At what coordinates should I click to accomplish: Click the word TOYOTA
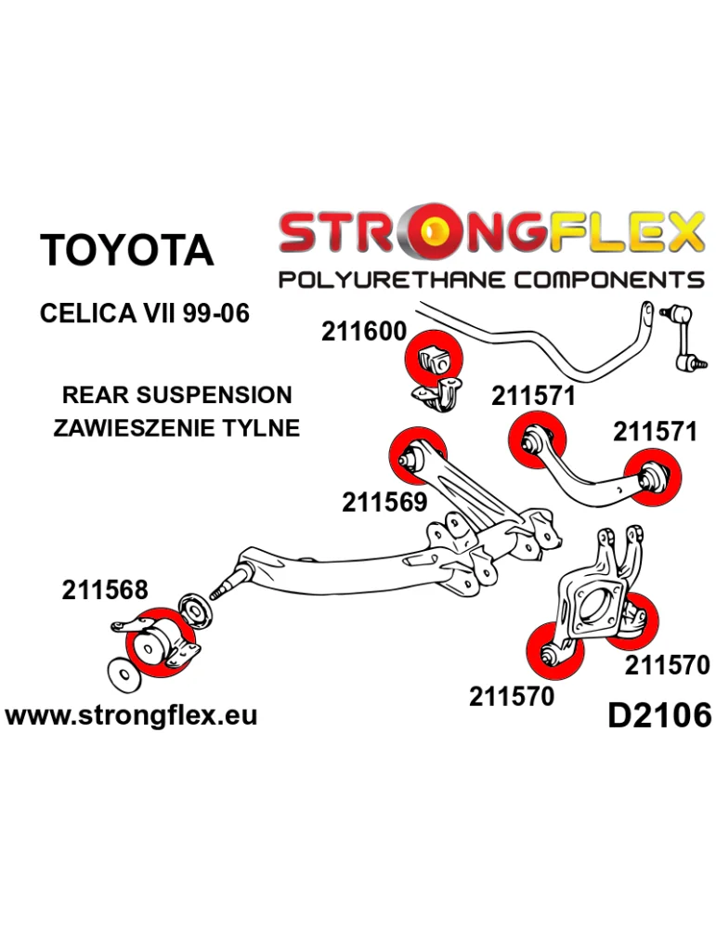pos(127,251)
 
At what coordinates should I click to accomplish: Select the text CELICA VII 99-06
pos(145,313)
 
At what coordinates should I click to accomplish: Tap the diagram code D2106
pos(658,714)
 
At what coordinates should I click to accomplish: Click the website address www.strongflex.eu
pos(131,715)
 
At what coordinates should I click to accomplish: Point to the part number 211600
pos(364,332)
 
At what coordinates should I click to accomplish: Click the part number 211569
pos(384,503)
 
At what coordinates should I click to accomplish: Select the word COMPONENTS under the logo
pos(604,280)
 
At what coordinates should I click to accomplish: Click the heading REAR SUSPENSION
pos(176,395)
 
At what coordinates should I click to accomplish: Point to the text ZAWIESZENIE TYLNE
pos(176,428)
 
